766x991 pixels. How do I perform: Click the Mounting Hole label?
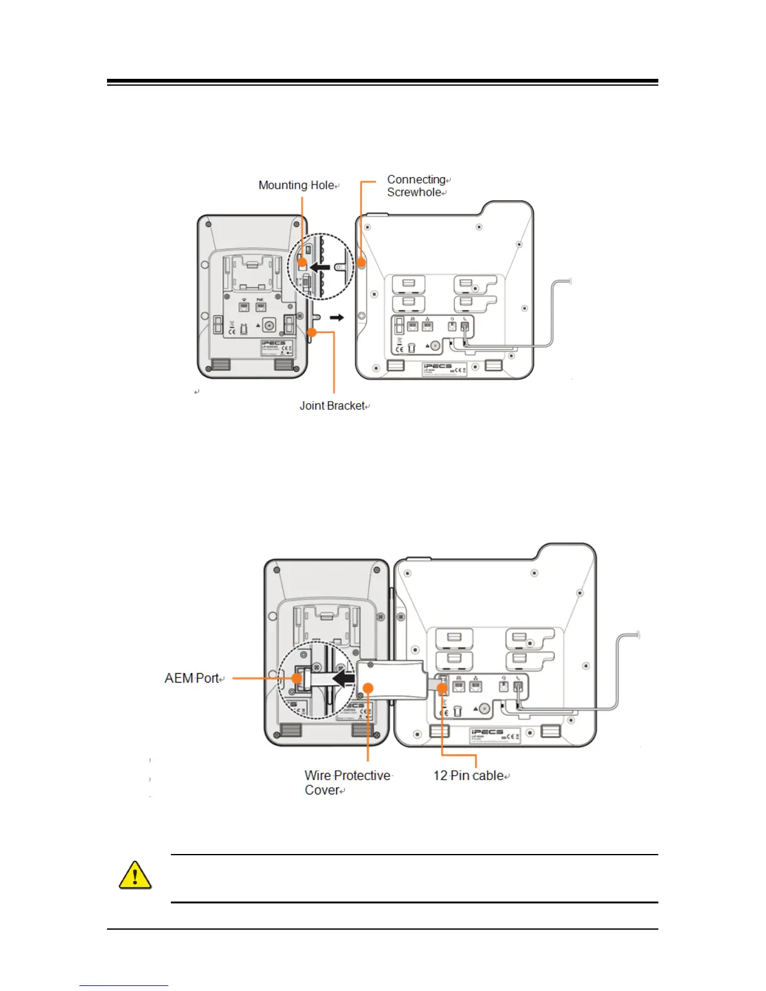pyautogui.click(x=297, y=185)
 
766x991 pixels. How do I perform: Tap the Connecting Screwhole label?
pyautogui.click(x=416, y=186)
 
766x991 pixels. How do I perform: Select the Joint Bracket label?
pyautogui.click(x=332, y=405)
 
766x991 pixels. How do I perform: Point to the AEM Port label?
pyautogui.click(x=192, y=678)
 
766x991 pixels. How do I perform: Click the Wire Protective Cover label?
pyautogui.click(x=347, y=783)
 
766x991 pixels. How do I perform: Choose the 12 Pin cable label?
pyautogui.click(x=469, y=776)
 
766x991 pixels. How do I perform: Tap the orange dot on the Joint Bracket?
pyautogui.click(x=312, y=332)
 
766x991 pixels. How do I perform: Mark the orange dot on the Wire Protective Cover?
pyautogui.click(x=368, y=688)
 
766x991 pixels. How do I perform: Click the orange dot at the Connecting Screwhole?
pyautogui.click(x=362, y=263)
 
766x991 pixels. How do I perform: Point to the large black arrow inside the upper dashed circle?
pyautogui.click(x=320, y=267)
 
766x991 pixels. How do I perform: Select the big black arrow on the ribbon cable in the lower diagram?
pyautogui.click(x=344, y=678)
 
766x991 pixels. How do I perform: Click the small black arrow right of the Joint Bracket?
pyautogui.click(x=337, y=318)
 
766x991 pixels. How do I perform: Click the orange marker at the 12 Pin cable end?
pyautogui.click(x=442, y=688)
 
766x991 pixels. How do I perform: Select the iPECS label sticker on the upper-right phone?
pyautogui.click(x=445, y=369)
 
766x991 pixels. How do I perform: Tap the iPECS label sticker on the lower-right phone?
pyautogui.click(x=496, y=735)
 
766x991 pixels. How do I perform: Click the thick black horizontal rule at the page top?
pyautogui.click(x=382, y=81)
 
